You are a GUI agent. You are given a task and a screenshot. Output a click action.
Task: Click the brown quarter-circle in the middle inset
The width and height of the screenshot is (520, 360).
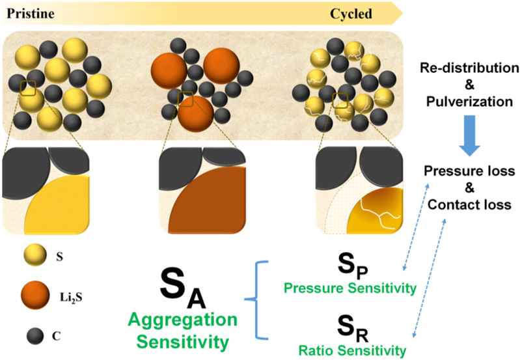pos(212,208)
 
